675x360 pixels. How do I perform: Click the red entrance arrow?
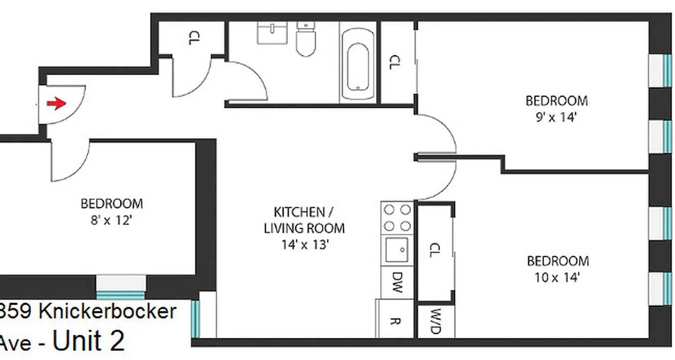point(56,104)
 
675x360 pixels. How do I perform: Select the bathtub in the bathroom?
point(358,65)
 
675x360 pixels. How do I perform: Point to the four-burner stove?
point(396,217)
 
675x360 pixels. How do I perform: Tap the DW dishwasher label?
point(396,282)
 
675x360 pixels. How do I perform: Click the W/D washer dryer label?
point(435,321)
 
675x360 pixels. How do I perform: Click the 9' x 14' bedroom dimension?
point(557,117)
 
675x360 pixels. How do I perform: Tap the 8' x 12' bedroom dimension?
point(111,220)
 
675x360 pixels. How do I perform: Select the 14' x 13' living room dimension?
point(304,245)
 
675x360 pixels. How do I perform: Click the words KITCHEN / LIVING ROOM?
point(304,220)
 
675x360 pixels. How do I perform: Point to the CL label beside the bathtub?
point(394,62)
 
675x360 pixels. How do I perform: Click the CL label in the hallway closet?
point(193,38)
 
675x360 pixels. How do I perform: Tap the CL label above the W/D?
point(434,250)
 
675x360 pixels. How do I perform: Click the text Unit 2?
point(89,341)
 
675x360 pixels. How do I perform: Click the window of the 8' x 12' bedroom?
point(121,288)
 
